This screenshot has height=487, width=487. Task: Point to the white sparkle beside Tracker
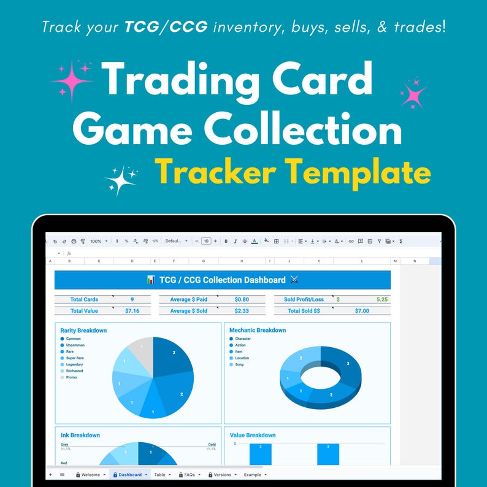click(121, 179)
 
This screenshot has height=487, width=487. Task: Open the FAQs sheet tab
click(188, 474)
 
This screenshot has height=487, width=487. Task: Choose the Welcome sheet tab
click(90, 474)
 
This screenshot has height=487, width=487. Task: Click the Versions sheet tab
click(221, 474)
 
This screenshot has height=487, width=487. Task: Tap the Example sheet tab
click(253, 474)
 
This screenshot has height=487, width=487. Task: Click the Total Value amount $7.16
click(132, 311)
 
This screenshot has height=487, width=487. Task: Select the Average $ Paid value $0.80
click(242, 299)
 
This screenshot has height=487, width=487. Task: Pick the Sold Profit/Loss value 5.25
click(382, 299)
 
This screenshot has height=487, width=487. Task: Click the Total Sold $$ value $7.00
click(362, 311)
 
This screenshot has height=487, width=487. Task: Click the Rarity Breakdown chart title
click(83, 331)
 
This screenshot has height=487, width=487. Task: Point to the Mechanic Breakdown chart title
click(258, 331)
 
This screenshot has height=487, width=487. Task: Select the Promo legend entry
click(72, 377)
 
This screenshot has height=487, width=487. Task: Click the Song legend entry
click(239, 364)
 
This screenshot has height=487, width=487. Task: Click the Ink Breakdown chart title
click(80, 435)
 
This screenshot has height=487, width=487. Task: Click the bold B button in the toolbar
click(226, 241)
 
